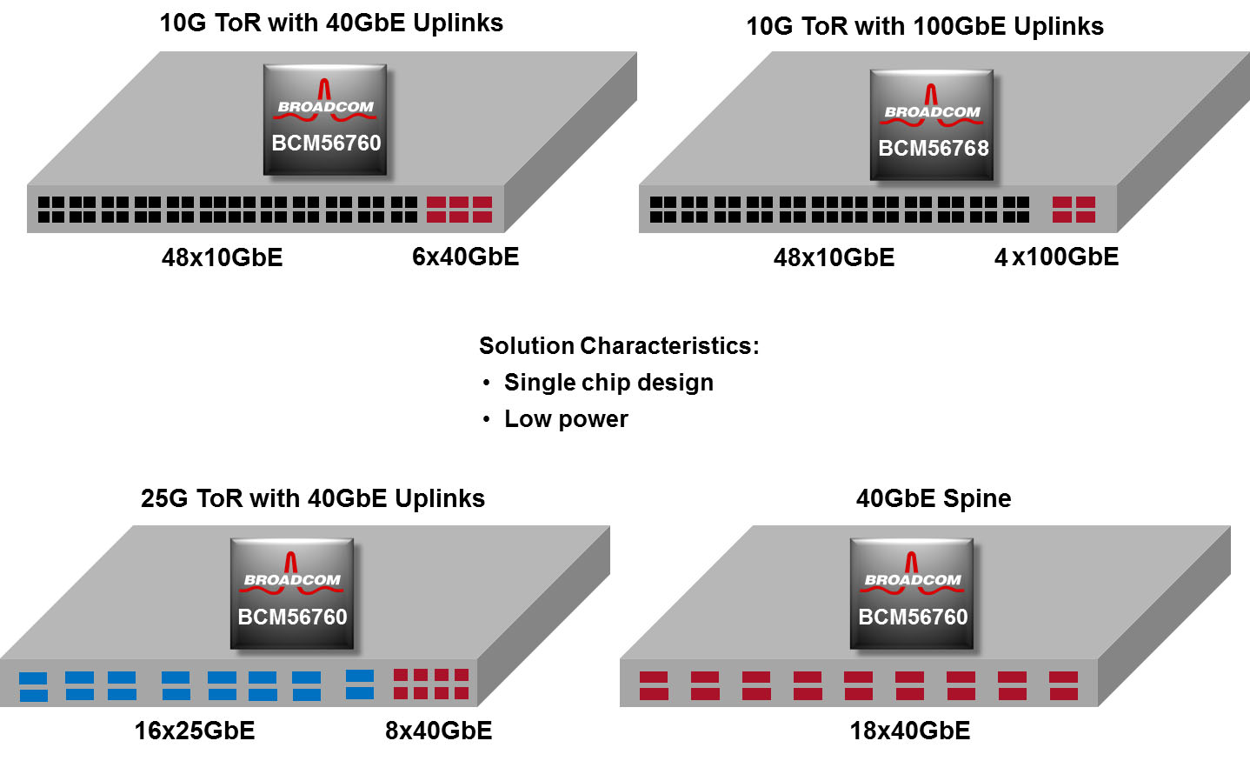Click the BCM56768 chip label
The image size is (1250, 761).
pyautogui.click(x=933, y=148)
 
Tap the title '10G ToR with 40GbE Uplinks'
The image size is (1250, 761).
pyautogui.click(x=331, y=23)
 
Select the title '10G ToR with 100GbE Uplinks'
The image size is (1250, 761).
pyautogui.click(x=925, y=26)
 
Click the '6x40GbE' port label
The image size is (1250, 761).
pyautogui.click(x=465, y=257)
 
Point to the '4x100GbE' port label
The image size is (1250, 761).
pyautogui.click(x=1056, y=257)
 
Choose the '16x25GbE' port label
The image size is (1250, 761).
pyautogui.click(x=195, y=730)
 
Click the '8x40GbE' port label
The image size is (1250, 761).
pyautogui.click(x=438, y=730)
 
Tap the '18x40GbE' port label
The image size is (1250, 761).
pyautogui.click(x=909, y=730)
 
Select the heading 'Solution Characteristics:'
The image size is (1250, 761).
pyautogui.click(x=619, y=345)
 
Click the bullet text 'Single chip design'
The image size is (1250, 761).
pyautogui.click(x=608, y=382)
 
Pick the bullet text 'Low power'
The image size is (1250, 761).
pyautogui.click(x=566, y=418)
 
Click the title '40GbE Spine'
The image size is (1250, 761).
pyautogui.click(x=934, y=498)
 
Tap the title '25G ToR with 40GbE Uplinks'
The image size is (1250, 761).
pyautogui.click(x=313, y=498)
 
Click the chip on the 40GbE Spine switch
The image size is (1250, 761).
pyautogui.click(x=912, y=593)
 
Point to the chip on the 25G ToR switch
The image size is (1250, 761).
pyautogui.click(x=292, y=593)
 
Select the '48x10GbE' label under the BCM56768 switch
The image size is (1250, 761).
pyautogui.click(x=834, y=257)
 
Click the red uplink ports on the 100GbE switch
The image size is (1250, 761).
pyautogui.click(x=1074, y=210)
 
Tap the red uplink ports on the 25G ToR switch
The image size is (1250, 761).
pyautogui.click(x=431, y=684)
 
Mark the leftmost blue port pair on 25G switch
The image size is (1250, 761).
pyautogui.click(x=34, y=686)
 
